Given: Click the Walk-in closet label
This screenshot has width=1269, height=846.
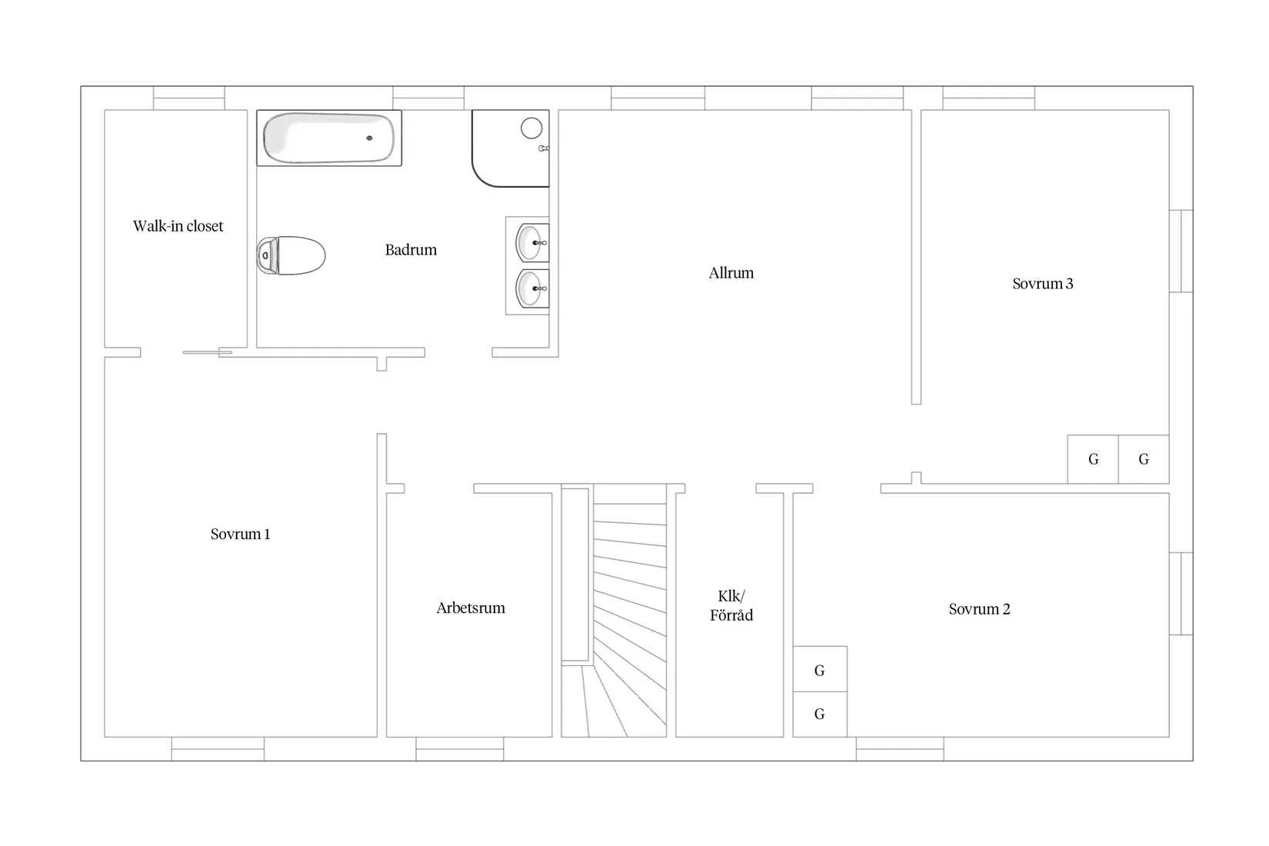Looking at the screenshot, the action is [x=178, y=226].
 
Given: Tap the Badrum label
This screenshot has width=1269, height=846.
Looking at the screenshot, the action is [x=411, y=250].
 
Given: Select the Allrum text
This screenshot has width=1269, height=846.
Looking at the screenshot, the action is [x=731, y=273].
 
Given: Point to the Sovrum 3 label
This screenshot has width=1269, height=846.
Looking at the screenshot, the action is [x=1042, y=283].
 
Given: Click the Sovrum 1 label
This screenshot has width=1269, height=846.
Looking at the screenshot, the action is [x=240, y=534].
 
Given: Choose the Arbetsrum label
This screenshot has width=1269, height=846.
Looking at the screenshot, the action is [x=470, y=608].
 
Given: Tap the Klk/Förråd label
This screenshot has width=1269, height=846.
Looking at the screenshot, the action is [x=731, y=606].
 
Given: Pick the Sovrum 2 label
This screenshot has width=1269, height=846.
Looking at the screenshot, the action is [x=979, y=609].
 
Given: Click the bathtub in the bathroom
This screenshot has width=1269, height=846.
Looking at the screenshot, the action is [x=329, y=138].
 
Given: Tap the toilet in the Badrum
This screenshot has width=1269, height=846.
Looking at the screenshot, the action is [x=291, y=255].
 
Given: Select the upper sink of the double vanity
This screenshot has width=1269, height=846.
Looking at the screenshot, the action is [x=532, y=242].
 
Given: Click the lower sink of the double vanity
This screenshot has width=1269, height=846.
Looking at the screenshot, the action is [x=532, y=288].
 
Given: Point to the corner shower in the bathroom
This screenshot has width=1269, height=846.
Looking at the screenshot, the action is [x=511, y=148].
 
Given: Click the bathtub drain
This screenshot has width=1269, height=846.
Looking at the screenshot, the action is [x=369, y=138].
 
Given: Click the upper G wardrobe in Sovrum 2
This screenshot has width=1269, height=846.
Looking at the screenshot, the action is [x=820, y=669].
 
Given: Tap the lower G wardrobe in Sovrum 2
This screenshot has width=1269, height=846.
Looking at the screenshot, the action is [x=820, y=714].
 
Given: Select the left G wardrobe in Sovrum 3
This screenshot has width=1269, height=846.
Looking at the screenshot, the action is [x=1094, y=460].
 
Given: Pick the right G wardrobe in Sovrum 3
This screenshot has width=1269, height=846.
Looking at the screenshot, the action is [x=1144, y=460].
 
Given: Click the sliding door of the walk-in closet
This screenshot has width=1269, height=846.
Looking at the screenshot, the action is [x=208, y=352].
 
